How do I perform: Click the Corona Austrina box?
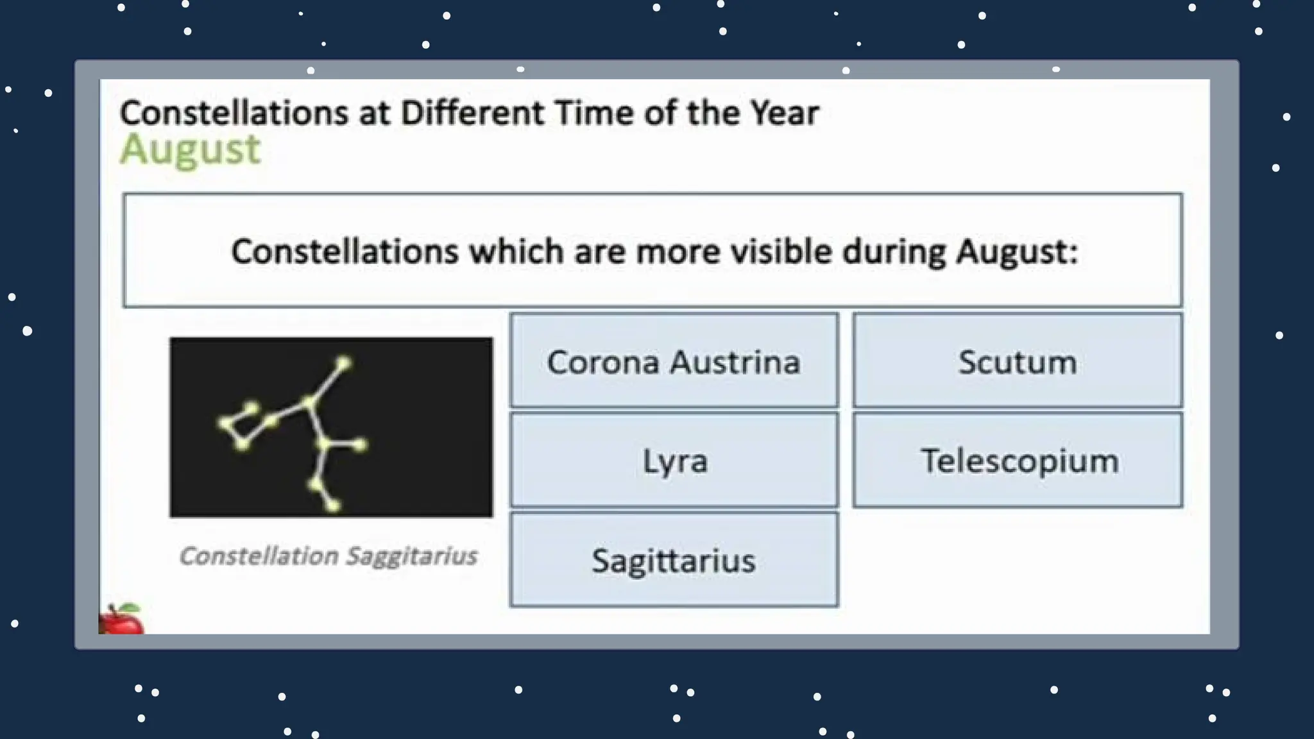tap(674, 361)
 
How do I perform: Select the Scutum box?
tap(1017, 361)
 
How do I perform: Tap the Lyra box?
tap(674, 460)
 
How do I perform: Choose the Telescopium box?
tap(1017, 460)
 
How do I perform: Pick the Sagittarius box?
tap(674, 559)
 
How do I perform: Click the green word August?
tap(191, 149)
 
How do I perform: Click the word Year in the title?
tap(784, 113)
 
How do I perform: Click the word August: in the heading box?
tap(1016, 251)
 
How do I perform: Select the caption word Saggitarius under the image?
tap(411, 556)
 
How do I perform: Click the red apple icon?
tap(121, 620)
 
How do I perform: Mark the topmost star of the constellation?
tap(343, 364)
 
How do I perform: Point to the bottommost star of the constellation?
tap(333, 506)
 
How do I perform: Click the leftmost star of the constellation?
tap(225, 423)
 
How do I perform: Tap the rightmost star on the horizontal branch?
tap(361, 444)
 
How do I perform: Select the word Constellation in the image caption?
tap(259, 556)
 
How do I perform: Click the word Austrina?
tap(735, 362)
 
